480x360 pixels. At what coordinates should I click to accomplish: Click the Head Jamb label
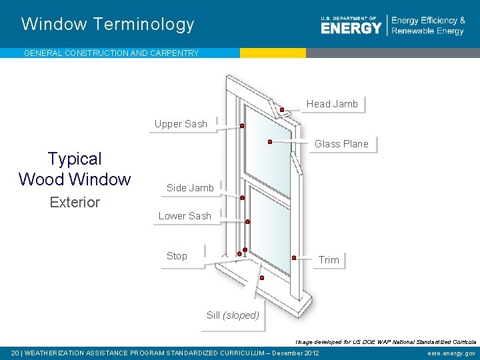[332, 104]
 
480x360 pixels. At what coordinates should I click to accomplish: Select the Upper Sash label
[181, 124]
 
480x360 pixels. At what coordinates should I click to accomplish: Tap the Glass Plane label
[341, 144]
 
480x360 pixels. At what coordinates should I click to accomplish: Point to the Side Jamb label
[190, 188]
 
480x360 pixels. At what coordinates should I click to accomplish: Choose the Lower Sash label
[185, 216]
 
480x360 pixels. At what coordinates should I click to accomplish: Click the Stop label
[177, 256]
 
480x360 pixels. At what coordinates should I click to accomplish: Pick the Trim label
[329, 260]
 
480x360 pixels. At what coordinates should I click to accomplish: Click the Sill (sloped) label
[233, 315]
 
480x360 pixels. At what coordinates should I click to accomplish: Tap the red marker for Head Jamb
[282, 109]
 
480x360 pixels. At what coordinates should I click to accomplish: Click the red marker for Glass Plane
[269, 141]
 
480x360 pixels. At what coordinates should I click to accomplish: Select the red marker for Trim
[294, 257]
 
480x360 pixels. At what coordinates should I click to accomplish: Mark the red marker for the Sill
[262, 277]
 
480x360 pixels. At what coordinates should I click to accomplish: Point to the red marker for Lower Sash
[247, 221]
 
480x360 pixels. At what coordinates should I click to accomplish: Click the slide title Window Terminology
[108, 25]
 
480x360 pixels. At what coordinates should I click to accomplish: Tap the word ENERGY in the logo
[351, 28]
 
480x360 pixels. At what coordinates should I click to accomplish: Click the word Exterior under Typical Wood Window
[75, 202]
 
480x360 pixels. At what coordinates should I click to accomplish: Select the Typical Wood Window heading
[75, 169]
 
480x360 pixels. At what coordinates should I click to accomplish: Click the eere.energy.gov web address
[451, 353]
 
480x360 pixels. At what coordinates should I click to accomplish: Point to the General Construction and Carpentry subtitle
[111, 53]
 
